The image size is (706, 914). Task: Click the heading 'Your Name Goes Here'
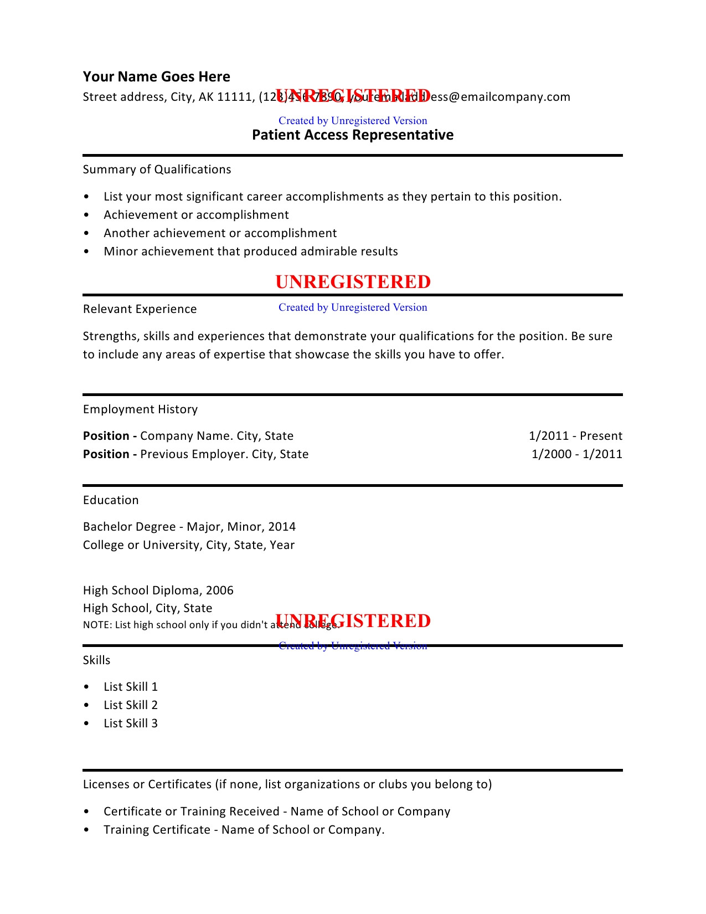click(156, 76)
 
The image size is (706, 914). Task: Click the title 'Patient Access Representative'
click(353, 135)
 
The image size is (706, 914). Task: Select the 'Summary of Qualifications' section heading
click(157, 170)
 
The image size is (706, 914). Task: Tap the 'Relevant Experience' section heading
click(140, 309)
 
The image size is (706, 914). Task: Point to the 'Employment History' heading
click(140, 409)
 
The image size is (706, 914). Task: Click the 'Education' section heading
click(111, 500)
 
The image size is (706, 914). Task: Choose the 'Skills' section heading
click(96, 660)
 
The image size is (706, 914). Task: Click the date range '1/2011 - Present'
click(575, 436)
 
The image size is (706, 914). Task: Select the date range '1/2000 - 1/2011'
click(576, 454)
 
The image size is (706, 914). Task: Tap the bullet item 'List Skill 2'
click(131, 705)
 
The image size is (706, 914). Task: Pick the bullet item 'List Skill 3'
click(131, 723)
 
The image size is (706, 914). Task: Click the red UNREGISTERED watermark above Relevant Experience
click(353, 282)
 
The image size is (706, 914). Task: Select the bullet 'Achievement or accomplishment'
click(196, 215)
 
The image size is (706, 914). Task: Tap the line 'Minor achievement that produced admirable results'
click(251, 251)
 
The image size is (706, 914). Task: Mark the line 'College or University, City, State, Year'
click(189, 545)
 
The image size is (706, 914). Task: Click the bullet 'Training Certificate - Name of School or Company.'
click(244, 830)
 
